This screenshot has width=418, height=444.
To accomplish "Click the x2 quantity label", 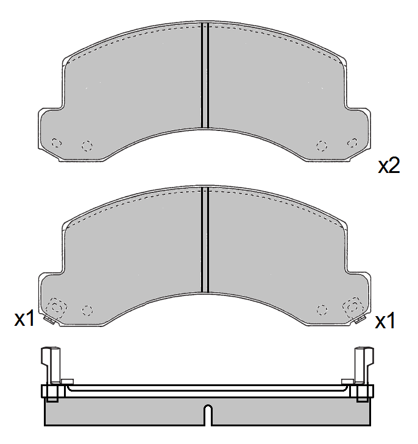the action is click(x=389, y=166).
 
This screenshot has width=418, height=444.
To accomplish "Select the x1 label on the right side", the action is click(x=385, y=321).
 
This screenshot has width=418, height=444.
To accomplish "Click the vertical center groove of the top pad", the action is click(x=205, y=76).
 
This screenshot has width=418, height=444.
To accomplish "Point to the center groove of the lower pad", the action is click(x=205, y=239).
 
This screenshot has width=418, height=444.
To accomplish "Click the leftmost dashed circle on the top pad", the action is click(x=56, y=143).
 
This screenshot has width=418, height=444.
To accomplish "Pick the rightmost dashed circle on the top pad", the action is click(x=353, y=143).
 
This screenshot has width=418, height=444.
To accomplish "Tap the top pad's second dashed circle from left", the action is click(x=87, y=146).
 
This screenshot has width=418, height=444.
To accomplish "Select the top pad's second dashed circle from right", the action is click(x=322, y=146).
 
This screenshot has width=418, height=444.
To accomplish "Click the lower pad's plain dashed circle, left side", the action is click(x=87, y=311).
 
